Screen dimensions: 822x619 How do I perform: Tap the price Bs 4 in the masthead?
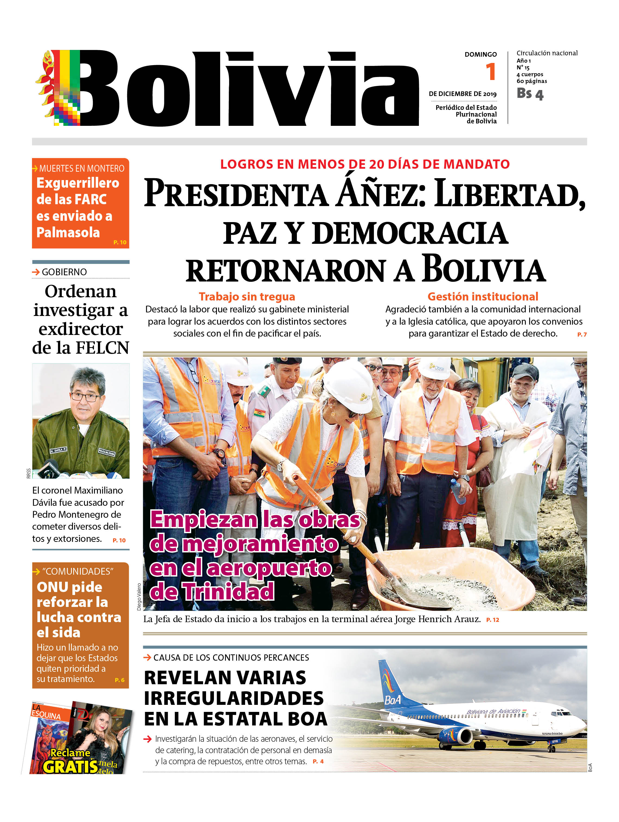[x=530, y=94]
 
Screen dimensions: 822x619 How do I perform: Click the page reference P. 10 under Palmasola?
[x=120, y=242]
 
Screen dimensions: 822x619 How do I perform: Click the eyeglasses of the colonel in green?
[x=85, y=396]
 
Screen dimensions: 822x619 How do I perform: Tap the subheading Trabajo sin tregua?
[x=247, y=296]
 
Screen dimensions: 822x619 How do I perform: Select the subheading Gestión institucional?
[x=483, y=296]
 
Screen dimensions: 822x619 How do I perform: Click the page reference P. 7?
[x=582, y=334]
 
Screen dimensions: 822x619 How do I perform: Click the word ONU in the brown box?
[x=54, y=587]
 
